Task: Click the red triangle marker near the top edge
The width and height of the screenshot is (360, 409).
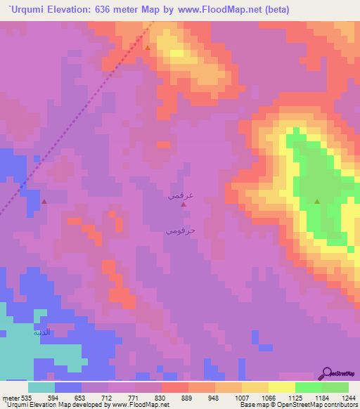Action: [x=148, y=48]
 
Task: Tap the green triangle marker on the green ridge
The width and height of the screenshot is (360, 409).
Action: [x=316, y=202]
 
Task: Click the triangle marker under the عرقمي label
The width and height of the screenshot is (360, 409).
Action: [x=183, y=204]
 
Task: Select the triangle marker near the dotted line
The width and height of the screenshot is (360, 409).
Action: [x=44, y=202]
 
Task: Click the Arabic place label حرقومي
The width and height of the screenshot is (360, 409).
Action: [x=181, y=231]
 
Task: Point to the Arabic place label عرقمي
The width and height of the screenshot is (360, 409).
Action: [x=181, y=196]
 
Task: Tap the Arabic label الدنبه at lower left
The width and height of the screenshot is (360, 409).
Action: [x=43, y=333]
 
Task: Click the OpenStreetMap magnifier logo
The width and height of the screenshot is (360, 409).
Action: [x=327, y=373]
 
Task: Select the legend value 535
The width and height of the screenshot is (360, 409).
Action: [x=27, y=398]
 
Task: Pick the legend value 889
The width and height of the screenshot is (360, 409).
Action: [x=188, y=398]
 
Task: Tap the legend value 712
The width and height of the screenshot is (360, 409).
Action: [x=108, y=398]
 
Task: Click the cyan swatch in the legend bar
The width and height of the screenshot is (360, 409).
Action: [x=41, y=387]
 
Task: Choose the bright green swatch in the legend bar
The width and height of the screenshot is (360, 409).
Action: [x=308, y=387]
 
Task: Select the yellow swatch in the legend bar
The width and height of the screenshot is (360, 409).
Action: [x=281, y=387]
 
